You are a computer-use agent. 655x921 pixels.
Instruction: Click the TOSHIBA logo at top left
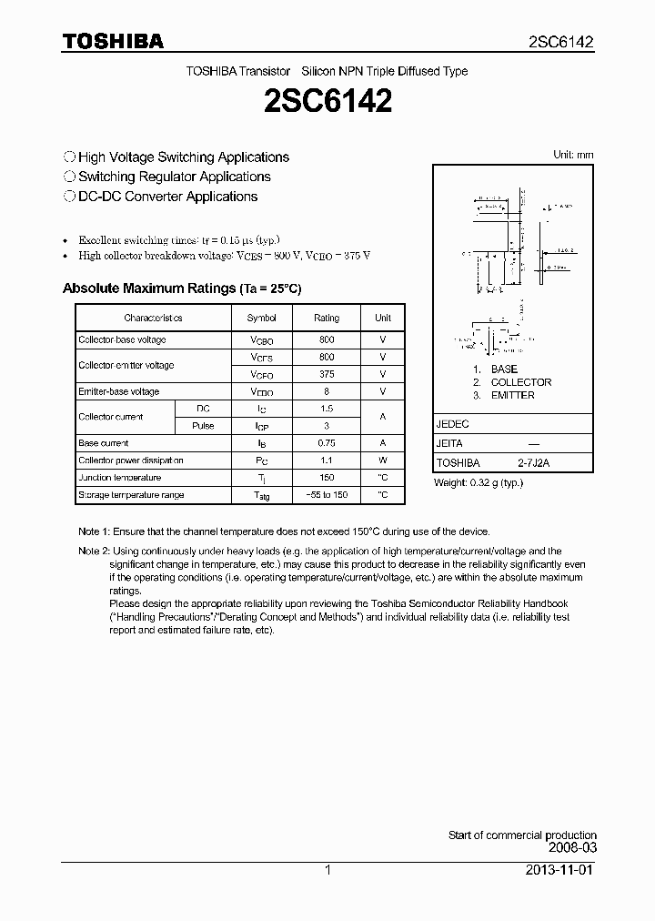pyautogui.click(x=113, y=42)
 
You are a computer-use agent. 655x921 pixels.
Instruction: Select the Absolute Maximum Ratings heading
pyautogui.click(x=181, y=288)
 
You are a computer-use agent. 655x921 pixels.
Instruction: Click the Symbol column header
pyautogui.click(x=262, y=318)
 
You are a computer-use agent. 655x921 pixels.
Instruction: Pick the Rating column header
pyautogui.click(x=327, y=318)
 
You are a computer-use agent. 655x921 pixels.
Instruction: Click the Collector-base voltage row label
pyautogui.click(x=122, y=339)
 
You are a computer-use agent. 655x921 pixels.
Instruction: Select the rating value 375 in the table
pyautogui.click(x=327, y=374)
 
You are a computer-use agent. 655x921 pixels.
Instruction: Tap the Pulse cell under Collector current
pyautogui.click(x=203, y=426)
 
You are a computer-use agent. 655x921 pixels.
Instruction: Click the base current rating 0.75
pyautogui.click(x=327, y=443)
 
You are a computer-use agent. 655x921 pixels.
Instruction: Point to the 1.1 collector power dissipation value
pyautogui.click(x=327, y=460)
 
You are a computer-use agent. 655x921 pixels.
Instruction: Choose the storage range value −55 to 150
pyautogui.click(x=327, y=495)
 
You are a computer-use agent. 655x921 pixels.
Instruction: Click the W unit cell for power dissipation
pyautogui.click(x=383, y=460)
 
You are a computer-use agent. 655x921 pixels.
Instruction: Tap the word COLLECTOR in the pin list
pyautogui.click(x=521, y=382)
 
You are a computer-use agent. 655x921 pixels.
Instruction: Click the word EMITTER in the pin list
pyautogui.click(x=512, y=395)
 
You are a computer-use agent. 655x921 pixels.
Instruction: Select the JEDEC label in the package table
pyautogui.click(x=453, y=424)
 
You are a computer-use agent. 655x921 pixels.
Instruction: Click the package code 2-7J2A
pyautogui.click(x=534, y=463)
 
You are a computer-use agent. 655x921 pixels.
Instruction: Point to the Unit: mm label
pyautogui.click(x=573, y=155)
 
